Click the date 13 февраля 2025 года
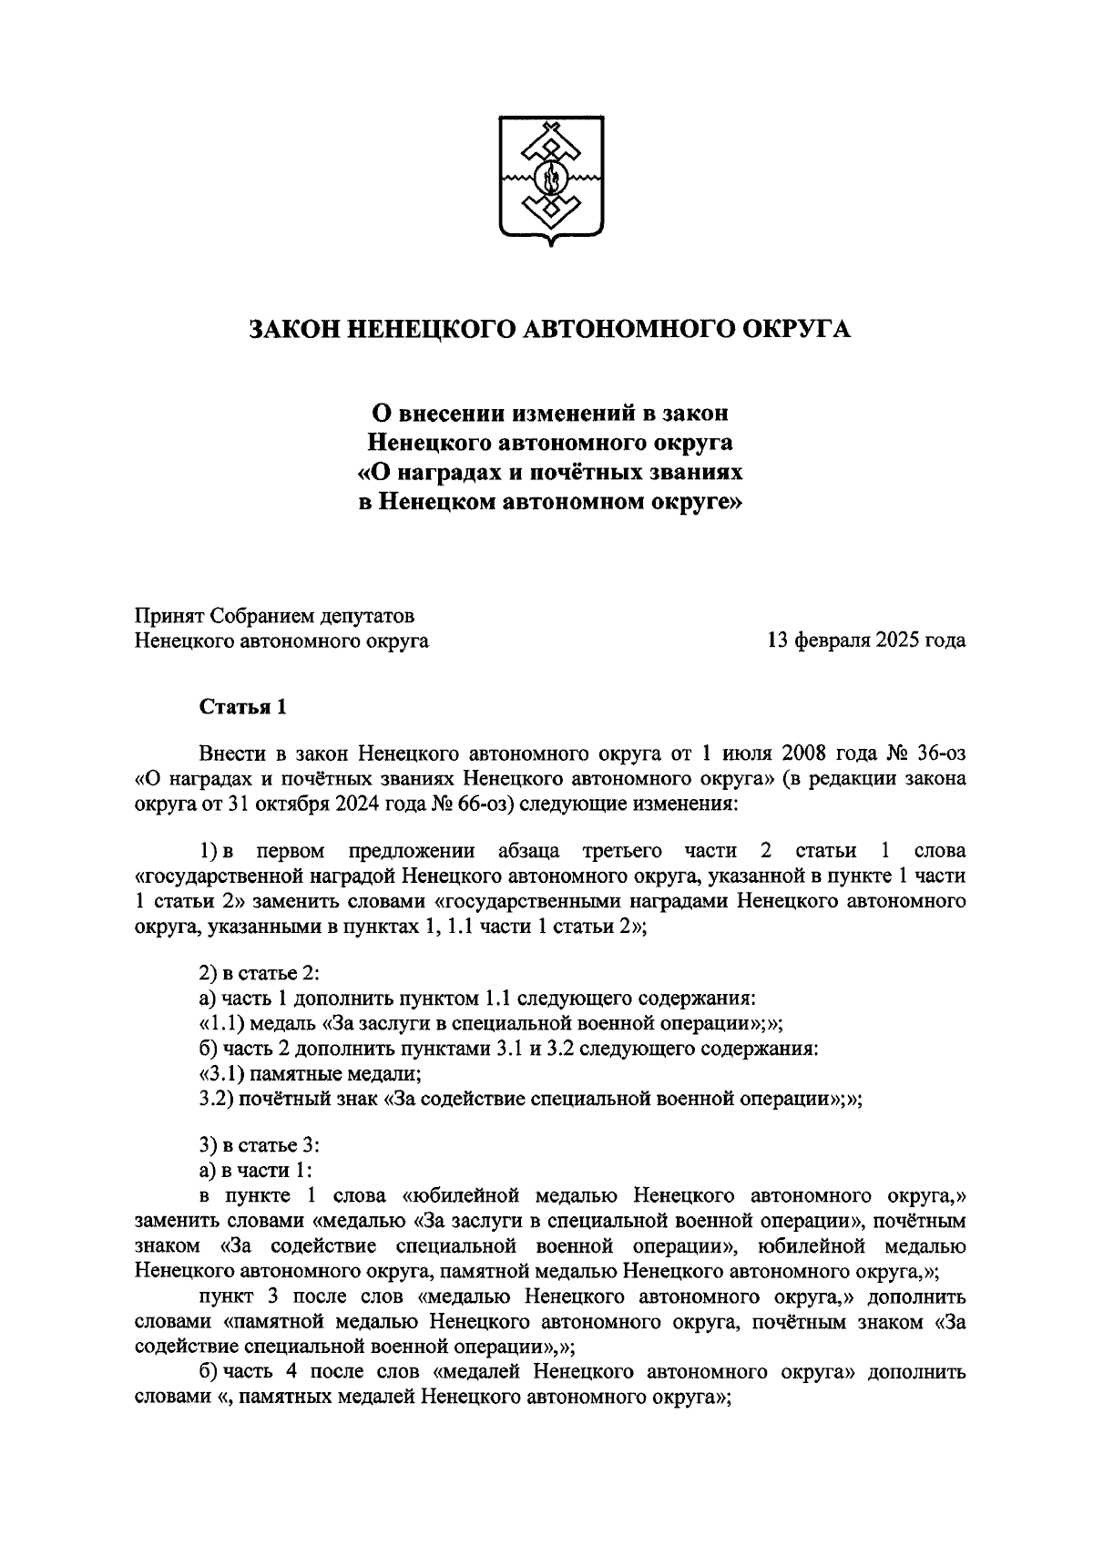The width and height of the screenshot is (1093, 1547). click(866, 640)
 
